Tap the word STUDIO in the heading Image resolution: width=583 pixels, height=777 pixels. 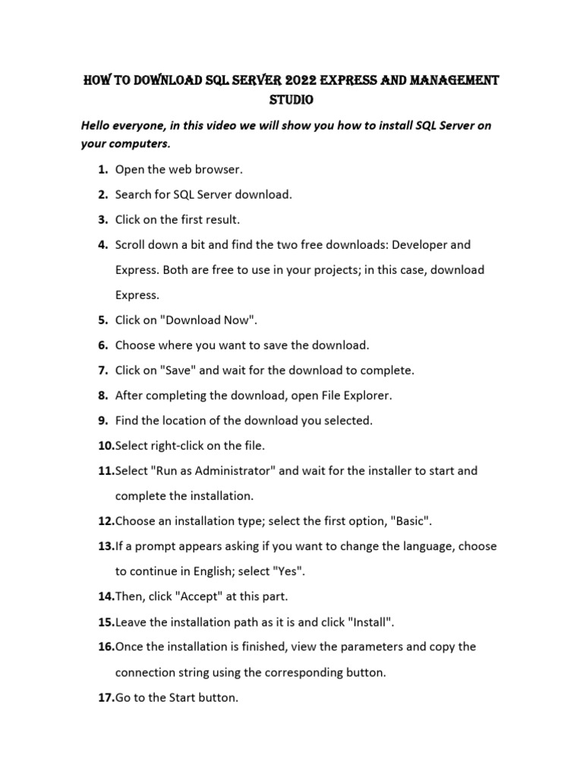pos(291,100)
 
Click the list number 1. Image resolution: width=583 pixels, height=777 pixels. pos(102,169)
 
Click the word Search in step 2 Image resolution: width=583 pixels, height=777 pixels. pos(133,194)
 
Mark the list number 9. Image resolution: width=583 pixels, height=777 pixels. pos(102,420)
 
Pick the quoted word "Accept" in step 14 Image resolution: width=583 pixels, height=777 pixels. pos(172,596)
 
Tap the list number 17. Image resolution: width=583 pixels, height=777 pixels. pos(106,697)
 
